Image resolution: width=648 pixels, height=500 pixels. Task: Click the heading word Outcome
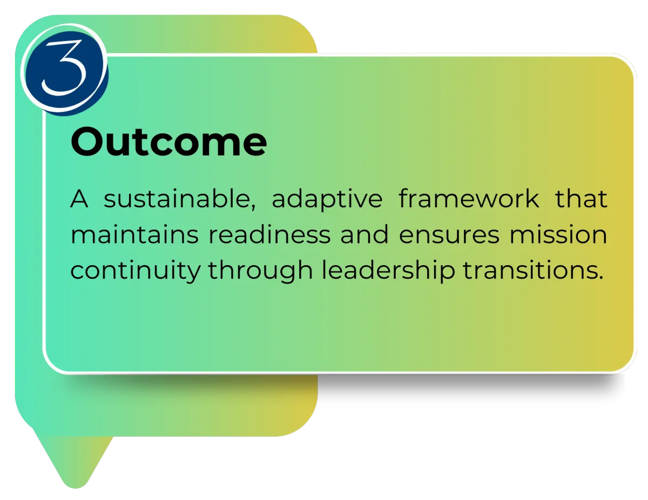(168, 141)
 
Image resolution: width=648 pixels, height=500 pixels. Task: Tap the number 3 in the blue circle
(64, 67)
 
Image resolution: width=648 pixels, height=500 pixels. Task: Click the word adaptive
(327, 200)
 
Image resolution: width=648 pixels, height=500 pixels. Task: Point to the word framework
(469, 198)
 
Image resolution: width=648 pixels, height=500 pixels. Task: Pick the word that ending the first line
(581, 199)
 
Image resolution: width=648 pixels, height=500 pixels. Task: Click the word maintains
(134, 235)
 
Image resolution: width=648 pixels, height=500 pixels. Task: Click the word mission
(558, 235)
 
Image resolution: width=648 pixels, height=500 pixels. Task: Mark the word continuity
(136, 271)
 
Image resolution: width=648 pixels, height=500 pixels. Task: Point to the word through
(260, 271)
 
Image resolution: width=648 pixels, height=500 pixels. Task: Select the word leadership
(388, 271)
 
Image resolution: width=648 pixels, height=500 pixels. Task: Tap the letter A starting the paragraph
(79, 199)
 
